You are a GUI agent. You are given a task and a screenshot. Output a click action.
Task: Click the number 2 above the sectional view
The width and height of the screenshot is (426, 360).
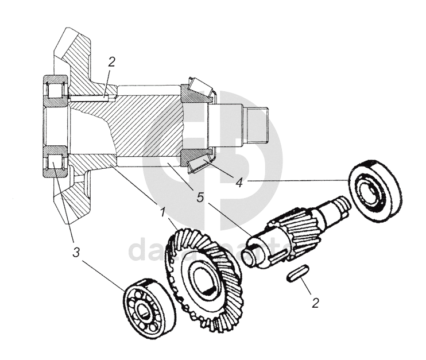[112, 63]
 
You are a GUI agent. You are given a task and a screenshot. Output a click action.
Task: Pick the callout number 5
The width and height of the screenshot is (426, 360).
[200, 198]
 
